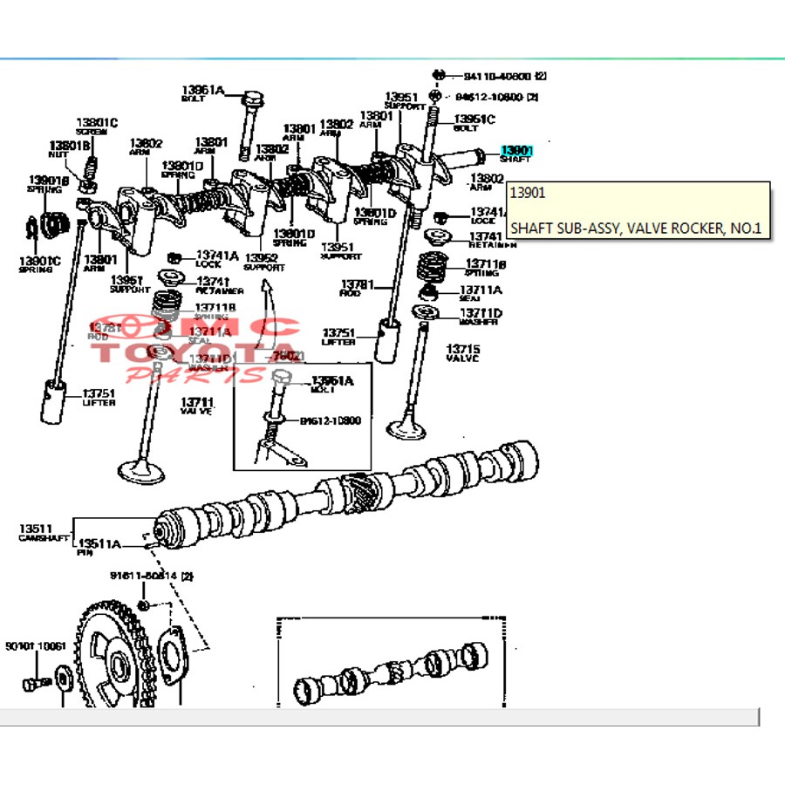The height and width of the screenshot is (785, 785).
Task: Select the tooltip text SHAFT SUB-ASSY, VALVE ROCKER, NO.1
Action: click(x=636, y=229)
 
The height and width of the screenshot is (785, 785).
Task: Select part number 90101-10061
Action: click(x=35, y=646)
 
